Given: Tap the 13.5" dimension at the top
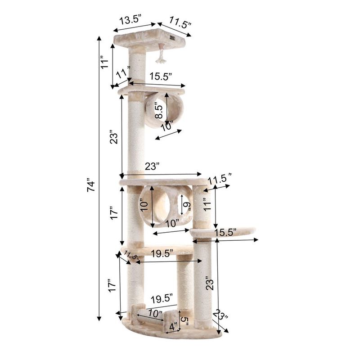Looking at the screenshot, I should click(x=130, y=20).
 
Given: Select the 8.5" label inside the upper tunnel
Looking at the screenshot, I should click(x=158, y=109).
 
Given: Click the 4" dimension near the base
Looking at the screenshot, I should click(x=173, y=325).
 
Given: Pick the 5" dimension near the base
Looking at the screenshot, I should click(x=185, y=320).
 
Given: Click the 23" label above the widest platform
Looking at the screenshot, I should click(x=152, y=166).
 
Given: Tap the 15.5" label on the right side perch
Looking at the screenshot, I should click(x=225, y=233).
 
